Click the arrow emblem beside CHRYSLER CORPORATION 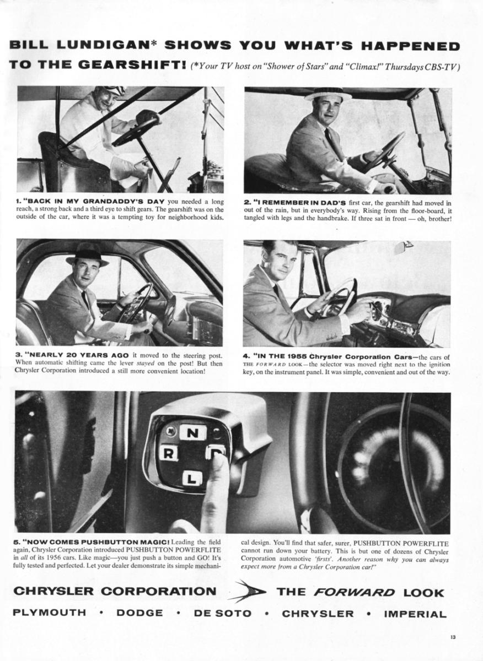tap(248, 592)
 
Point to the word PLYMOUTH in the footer tap(50, 613)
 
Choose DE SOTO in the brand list tap(222, 613)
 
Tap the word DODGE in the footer tap(140, 613)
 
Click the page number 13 tap(452, 637)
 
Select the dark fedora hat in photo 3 tap(87, 254)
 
